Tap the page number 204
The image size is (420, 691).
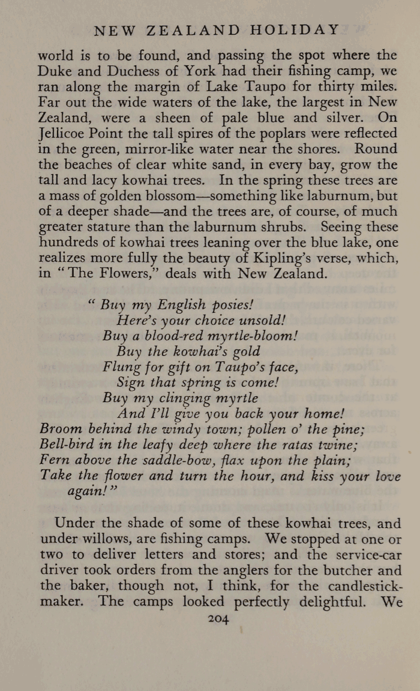(x=218, y=620)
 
